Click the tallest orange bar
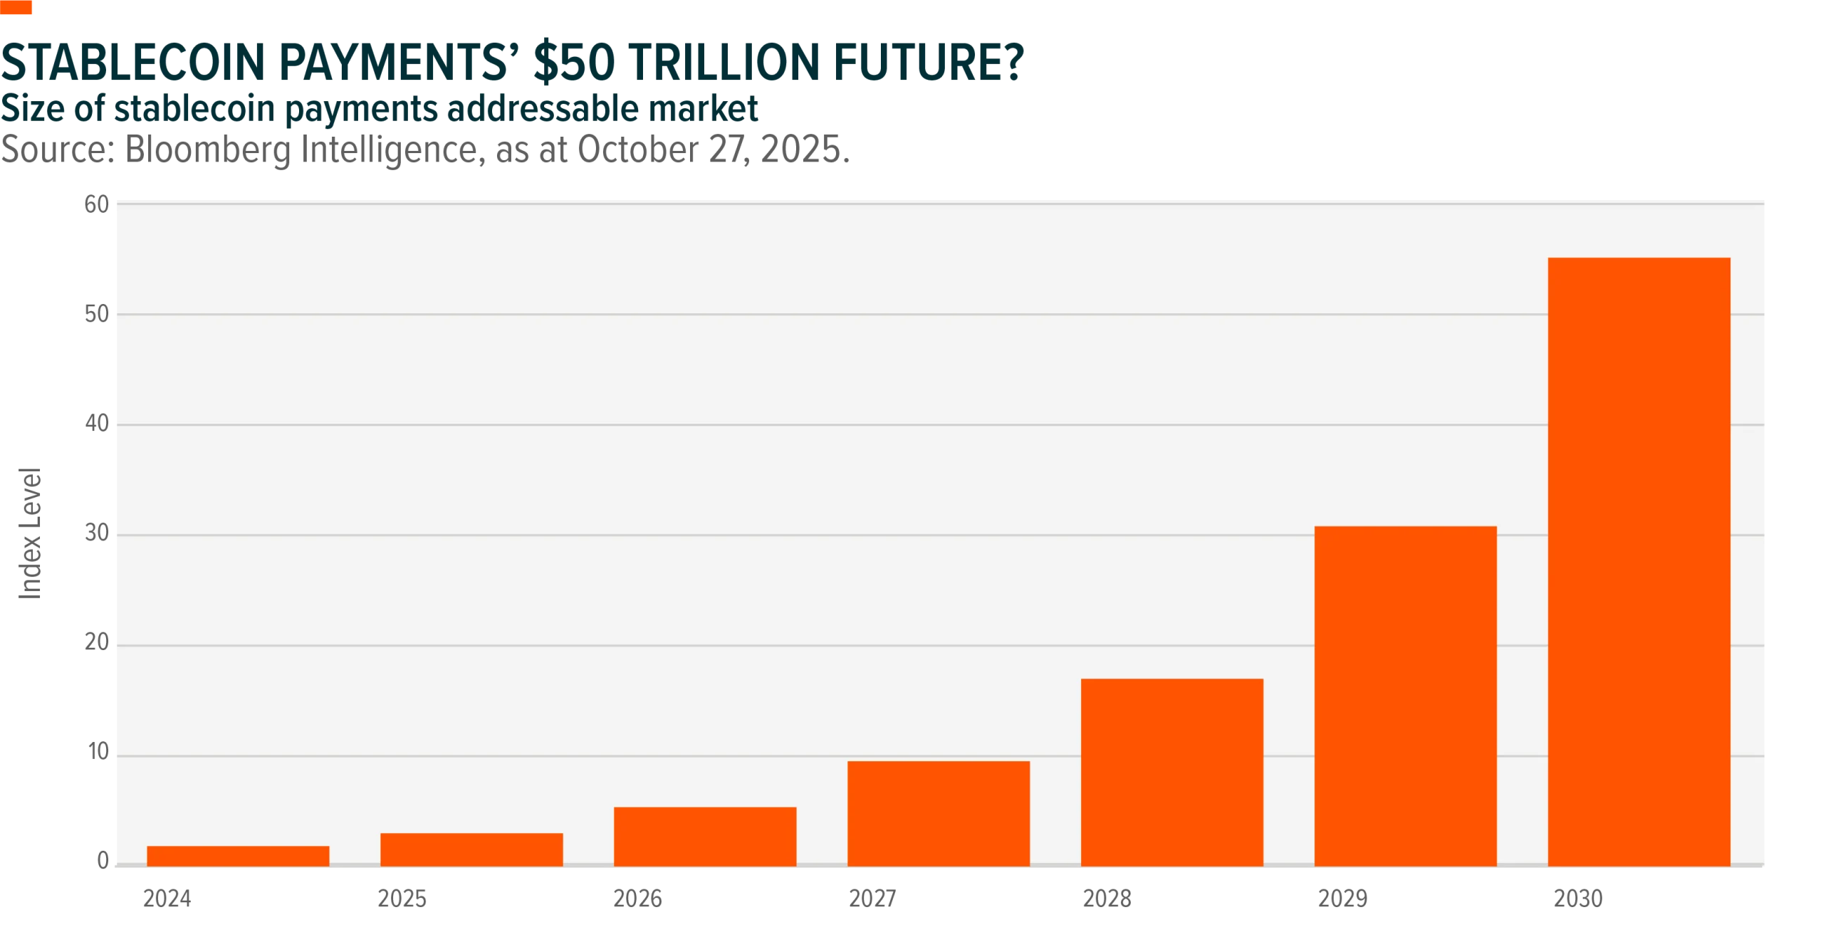pos(1639,562)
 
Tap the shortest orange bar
pos(238,856)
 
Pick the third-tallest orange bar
pos(1171,772)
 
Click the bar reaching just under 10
pos(939,813)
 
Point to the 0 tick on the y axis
pos(100,864)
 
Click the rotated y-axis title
pos(31,534)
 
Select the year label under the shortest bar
pos(168,901)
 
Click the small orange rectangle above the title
pos(16,8)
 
